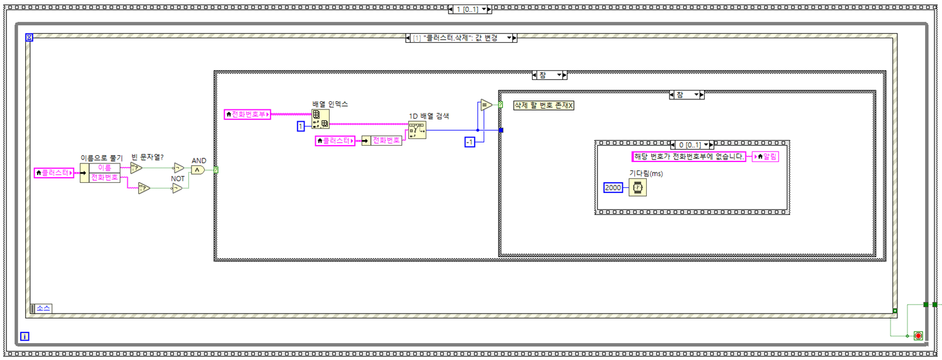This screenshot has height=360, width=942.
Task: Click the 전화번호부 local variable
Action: pos(247,114)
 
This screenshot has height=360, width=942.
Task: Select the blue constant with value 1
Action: pos(301,127)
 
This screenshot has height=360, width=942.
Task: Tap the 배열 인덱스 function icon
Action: pos(320,119)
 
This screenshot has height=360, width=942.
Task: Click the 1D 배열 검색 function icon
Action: pos(416,130)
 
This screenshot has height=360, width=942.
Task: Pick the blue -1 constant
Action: pos(469,142)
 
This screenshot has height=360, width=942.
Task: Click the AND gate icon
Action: pos(198,170)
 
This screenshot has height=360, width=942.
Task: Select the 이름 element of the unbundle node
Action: pos(104,168)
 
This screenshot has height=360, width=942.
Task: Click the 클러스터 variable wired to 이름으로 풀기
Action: pos(54,172)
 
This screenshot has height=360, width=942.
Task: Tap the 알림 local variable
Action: pos(766,157)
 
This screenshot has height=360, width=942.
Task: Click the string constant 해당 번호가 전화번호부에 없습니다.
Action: pos(689,156)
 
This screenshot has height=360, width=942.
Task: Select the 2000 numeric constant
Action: pos(613,187)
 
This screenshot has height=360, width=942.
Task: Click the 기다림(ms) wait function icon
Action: pos(638,187)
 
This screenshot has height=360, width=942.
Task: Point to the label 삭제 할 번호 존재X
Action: pos(543,106)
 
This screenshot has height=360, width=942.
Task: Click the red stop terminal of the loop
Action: pos(918,336)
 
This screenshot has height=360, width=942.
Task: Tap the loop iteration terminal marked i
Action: pos(24,336)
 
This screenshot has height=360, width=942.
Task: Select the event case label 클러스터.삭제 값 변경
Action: pos(461,38)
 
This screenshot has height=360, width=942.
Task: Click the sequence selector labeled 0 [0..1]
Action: pos(689,145)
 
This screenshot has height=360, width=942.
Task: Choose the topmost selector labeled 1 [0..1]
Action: pos(470,9)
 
